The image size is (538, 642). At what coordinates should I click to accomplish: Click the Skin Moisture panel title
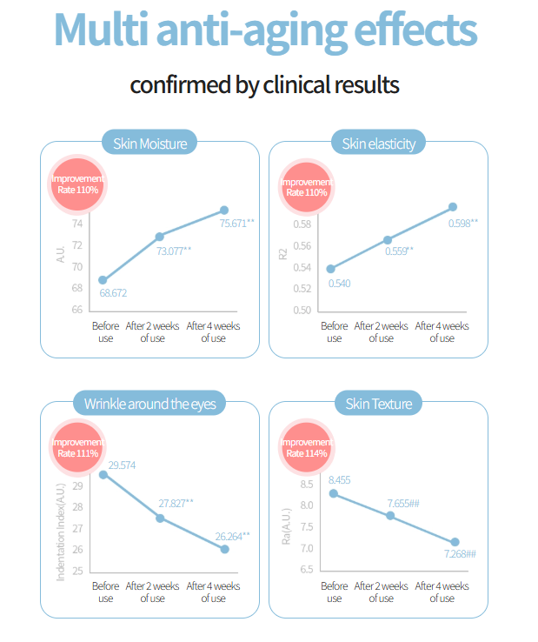coord(149,143)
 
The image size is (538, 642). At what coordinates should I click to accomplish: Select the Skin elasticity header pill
coord(378,143)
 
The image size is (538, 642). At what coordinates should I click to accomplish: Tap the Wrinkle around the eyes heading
coord(149,404)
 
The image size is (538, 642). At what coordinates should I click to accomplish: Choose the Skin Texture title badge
coord(378,404)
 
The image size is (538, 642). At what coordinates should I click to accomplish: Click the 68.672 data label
coord(113,293)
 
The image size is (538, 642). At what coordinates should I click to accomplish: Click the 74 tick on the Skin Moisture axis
coord(77,224)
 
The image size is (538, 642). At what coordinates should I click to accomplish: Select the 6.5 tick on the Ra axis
coord(306,570)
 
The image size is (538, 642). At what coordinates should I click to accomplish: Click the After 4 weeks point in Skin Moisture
coord(224,210)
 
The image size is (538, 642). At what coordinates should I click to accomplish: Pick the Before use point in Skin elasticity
coord(329,268)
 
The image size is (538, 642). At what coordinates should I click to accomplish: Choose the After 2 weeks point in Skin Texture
coord(390,516)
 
